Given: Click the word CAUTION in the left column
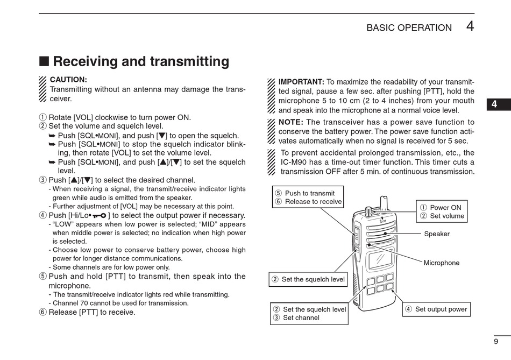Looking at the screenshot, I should [68, 80].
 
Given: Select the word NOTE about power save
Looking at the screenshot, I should [290, 122].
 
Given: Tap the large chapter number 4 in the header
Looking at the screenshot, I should [470, 26].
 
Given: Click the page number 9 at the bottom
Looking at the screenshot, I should [495, 341].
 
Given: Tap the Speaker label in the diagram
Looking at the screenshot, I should [436, 234].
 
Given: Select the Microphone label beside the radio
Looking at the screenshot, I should [441, 263].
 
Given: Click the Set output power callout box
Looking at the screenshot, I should [436, 309].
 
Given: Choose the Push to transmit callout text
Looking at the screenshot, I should [309, 193].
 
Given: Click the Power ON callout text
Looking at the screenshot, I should [445, 208].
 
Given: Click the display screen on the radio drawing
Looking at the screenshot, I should [380, 261].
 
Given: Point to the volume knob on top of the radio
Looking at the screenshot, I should [369, 210].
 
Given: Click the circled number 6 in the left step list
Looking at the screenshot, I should [43, 312].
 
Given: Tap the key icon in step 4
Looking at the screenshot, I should [99, 216].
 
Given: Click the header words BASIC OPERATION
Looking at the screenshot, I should [409, 28].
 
